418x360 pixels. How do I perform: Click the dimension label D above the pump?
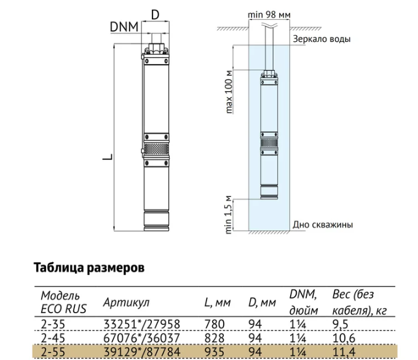click(155, 15)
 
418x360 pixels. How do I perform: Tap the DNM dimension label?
click(124, 26)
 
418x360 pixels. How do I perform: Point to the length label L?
click(108, 157)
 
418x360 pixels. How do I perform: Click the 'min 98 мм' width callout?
click(269, 15)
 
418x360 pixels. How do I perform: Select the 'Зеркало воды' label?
click(321, 39)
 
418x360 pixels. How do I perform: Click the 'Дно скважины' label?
click(323, 225)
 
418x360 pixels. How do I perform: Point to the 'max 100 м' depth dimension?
click(229, 92)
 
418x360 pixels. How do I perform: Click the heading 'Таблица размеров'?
click(89, 268)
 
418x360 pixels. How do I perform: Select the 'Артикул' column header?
click(126, 302)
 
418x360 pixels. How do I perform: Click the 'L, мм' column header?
click(217, 303)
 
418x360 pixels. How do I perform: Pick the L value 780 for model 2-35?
click(215, 324)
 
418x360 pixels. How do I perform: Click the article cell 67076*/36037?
click(141, 338)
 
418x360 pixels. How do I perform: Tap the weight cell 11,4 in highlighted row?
click(344, 352)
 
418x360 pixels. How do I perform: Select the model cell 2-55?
click(53, 352)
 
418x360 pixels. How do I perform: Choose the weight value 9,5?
click(341, 324)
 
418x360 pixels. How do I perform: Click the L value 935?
click(215, 352)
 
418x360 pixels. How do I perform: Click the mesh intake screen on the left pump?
click(156, 149)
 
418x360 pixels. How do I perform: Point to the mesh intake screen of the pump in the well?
click(269, 143)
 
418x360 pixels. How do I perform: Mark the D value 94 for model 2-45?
click(255, 338)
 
